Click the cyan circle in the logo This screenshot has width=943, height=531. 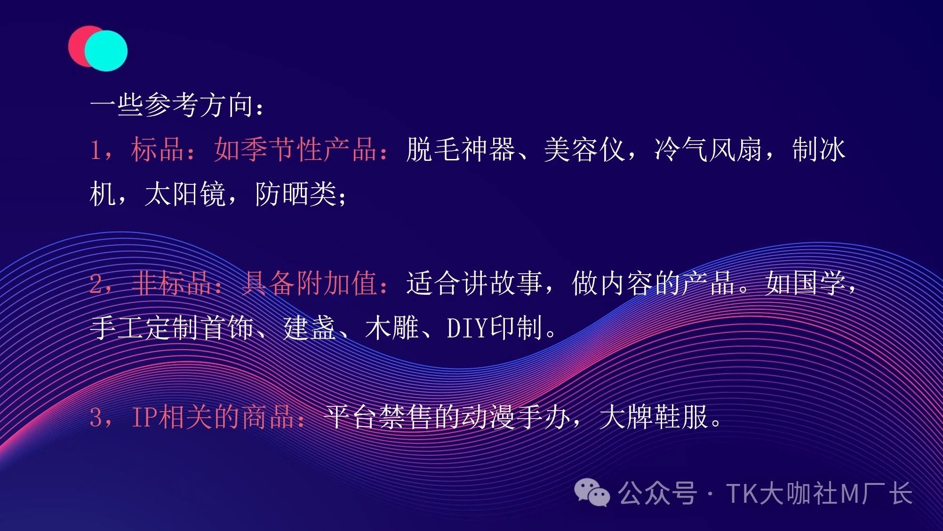tap(106, 51)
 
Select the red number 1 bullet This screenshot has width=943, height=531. tap(96, 150)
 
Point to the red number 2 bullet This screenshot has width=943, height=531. tap(96, 284)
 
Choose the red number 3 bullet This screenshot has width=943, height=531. tap(96, 418)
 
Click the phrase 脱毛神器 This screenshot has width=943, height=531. tap(460, 150)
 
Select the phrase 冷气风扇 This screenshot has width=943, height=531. tap(708, 150)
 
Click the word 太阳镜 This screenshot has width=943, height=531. tap(185, 194)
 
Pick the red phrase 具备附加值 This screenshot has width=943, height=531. tap(309, 284)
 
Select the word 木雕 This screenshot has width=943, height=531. tap(392, 328)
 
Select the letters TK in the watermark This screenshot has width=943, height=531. tap(742, 494)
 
